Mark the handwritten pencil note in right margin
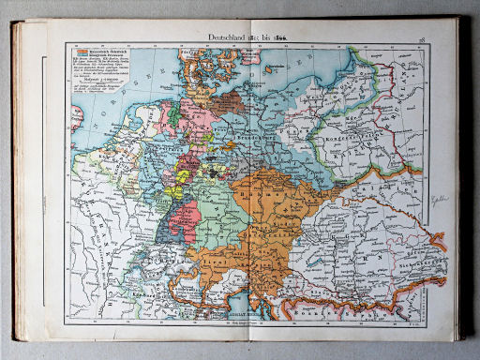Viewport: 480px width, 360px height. coord(438,200)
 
